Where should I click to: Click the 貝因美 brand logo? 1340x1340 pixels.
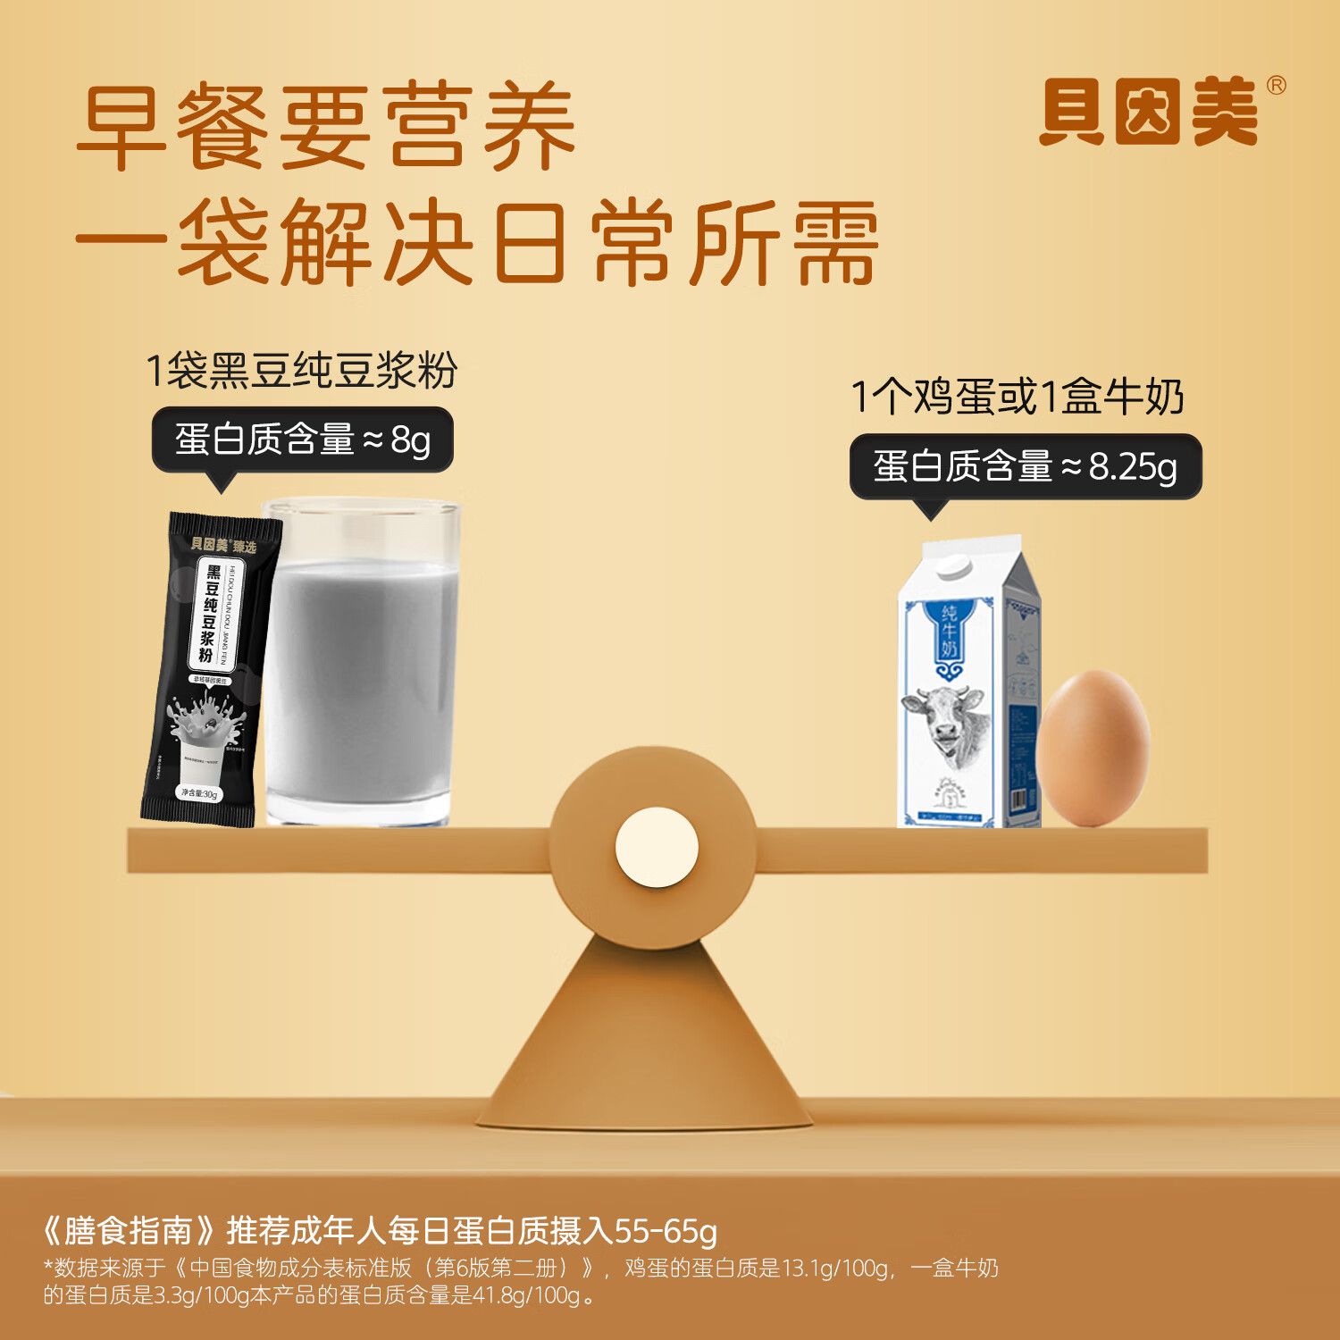pyautogui.click(x=1150, y=113)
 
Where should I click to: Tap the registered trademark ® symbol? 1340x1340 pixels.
pyautogui.click(x=1277, y=86)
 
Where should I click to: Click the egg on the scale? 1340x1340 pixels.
pyautogui.click(x=1093, y=747)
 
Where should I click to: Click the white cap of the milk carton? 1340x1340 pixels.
pyautogui.click(x=953, y=565)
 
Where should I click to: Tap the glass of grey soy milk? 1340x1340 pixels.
pyautogui.click(x=362, y=666)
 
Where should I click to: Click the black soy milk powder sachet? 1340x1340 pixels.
pyautogui.click(x=209, y=670)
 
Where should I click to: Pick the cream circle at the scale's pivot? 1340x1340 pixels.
pyautogui.click(x=657, y=847)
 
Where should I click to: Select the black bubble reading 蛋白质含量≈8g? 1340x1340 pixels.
pyautogui.click(x=303, y=440)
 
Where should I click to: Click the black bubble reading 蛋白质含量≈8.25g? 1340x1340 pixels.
pyautogui.click(x=1025, y=466)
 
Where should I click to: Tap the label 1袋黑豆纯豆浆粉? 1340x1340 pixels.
pyautogui.click(x=302, y=371)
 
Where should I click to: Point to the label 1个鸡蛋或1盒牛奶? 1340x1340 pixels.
pyautogui.click(x=1018, y=397)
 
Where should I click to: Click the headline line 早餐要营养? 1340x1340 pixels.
pyautogui.click(x=327, y=127)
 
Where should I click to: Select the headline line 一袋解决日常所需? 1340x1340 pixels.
pyautogui.click(x=478, y=243)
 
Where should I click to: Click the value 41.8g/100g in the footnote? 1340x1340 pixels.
pyautogui.click(x=526, y=1295)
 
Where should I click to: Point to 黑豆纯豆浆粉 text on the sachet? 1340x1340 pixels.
pyautogui.click(x=210, y=615)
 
